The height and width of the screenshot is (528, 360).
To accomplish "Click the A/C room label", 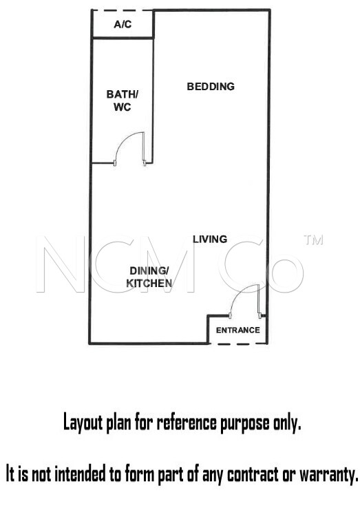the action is tap(123, 24).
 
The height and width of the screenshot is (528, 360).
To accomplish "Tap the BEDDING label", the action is tap(211, 87).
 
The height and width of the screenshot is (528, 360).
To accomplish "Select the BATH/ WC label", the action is tap(123, 101).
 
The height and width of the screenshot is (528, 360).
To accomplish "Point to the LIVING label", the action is tap(210, 239).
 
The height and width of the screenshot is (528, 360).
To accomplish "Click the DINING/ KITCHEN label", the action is tap(149, 277).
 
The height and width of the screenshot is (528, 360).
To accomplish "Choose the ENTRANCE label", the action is tap(238, 330).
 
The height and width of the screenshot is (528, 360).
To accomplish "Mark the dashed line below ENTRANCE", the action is tap(238, 344).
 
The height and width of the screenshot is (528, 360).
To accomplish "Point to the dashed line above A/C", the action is tap(123, 10).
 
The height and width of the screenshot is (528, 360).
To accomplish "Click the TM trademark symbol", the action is tap(313, 240).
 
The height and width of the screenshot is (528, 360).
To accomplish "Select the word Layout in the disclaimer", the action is tap(83, 422).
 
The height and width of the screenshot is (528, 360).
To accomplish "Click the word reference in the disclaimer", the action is tap(187, 422).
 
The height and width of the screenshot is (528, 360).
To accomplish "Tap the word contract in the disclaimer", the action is tap(253, 474).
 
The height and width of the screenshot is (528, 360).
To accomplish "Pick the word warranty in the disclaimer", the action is tap(329, 475).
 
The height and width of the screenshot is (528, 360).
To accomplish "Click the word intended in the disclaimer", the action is tap(80, 474).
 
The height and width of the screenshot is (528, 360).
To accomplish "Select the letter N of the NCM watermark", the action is tap(61, 264).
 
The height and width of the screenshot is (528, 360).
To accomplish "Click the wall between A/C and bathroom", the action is tap(123, 38).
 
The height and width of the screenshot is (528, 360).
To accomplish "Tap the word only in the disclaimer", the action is tap(286, 423).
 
